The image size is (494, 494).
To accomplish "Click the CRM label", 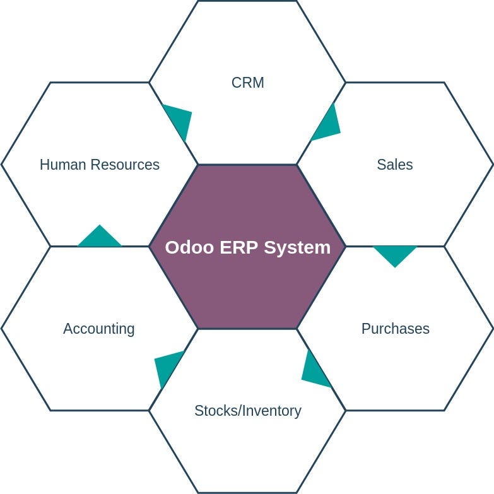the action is pos(247,83).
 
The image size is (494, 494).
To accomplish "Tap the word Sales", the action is pos(395,165).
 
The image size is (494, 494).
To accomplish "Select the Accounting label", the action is pos(99,329).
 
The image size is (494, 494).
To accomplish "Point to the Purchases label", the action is pos(396,329).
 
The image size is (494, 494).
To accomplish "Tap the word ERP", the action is pos(239,247).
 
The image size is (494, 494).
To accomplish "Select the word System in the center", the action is pos(297,247).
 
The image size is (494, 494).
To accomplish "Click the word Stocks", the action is pos(213,411).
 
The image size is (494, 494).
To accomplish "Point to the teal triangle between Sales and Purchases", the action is pos(395,254).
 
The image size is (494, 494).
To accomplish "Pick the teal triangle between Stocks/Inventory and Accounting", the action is pos(167,366).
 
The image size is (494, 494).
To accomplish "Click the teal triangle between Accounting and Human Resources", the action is pos(100,238).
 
